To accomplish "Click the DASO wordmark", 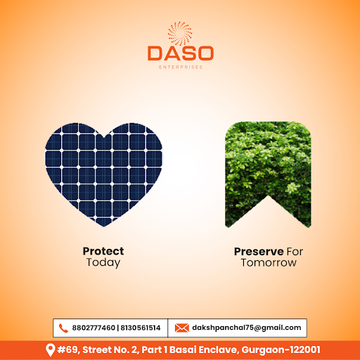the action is pyautogui.click(x=181, y=53).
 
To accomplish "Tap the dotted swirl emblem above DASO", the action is pyautogui.click(x=180, y=33).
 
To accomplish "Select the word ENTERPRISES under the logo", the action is pyautogui.click(x=181, y=67).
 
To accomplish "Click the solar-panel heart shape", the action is pyautogui.click(x=103, y=174).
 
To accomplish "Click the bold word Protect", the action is pyautogui.click(x=103, y=251).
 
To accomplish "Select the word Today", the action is pyautogui.click(x=103, y=262).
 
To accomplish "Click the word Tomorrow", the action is pyautogui.click(x=269, y=263).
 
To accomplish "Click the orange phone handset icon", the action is pyautogui.click(x=63, y=328).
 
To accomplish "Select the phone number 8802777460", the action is pyautogui.click(x=94, y=328).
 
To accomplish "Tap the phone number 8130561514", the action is pyautogui.click(x=141, y=328).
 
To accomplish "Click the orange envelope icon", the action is pyautogui.click(x=182, y=328).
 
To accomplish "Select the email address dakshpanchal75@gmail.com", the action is pyautogui.click(x=247, y=328).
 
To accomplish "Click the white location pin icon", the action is pyautogui.click(x=50, y=350).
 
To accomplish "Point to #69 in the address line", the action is pyautogui.click(x=68, y=349).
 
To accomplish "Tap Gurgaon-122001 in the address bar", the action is pyautogui.click(x=281, y=349).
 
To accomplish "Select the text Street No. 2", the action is pyautogui.click(x=110, y=349).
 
